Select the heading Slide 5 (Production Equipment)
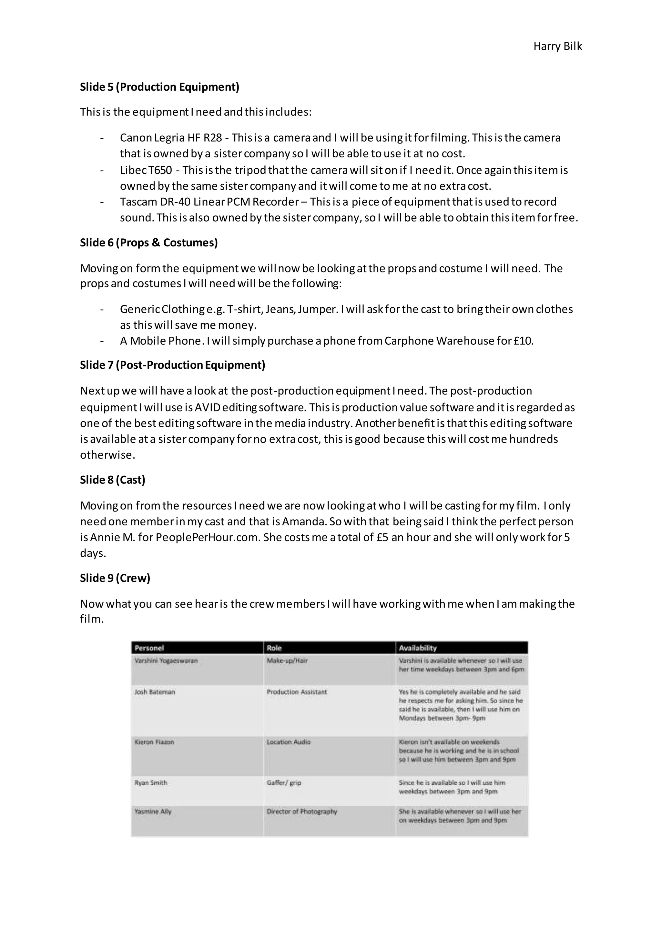click(x=159, y=87)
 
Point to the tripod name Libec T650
click(x=146, y=170)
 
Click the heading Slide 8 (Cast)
click(x=112, y=480)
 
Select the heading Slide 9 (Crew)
click(x=115, y=578)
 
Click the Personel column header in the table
click(x=149, y=648)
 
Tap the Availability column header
click(x=417, y=648)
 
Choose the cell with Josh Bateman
click(x=155, y=692)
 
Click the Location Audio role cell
click(x=288, y=742)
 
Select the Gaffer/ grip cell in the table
click(x=284, y=783)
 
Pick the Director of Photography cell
click(x=301, y=811)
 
